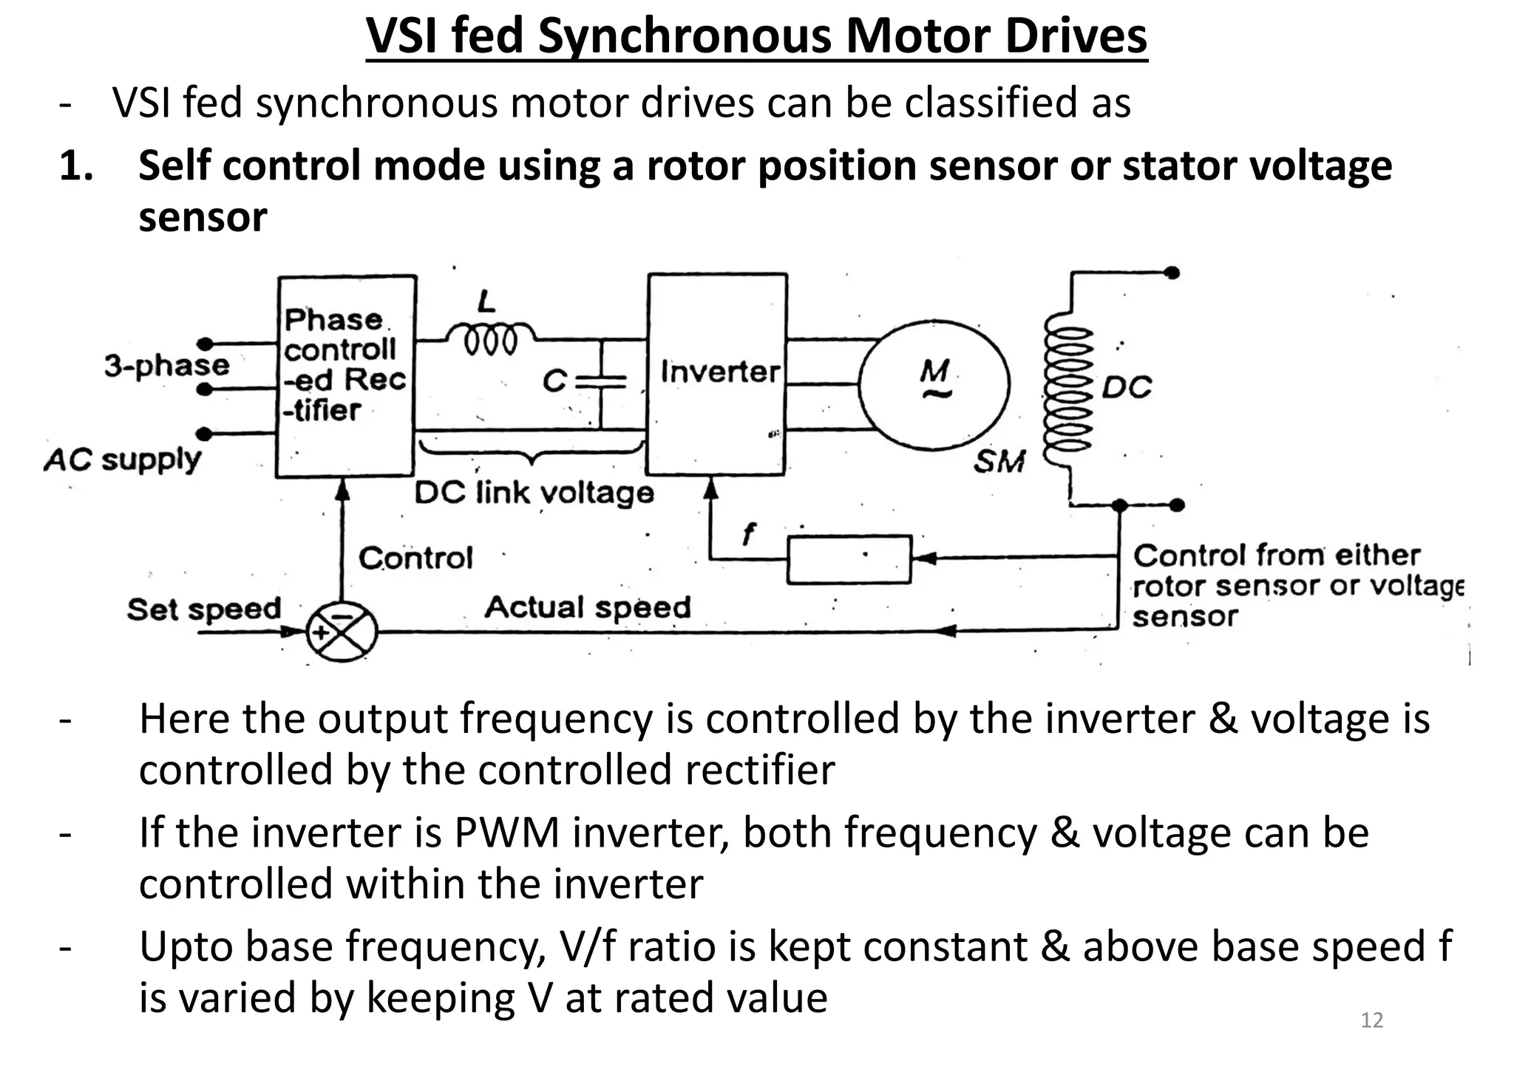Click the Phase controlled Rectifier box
point(345,376)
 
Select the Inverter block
point(717,373)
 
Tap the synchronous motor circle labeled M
point(934,385)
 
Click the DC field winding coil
point(1068,389)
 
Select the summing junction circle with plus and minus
point(342,632)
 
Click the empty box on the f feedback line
point(849,560)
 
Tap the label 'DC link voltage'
point(534,493)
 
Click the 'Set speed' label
point(204,609)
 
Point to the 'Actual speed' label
point(588,607)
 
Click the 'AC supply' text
point(123,460)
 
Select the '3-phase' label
point(167,365)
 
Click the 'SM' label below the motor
point(999,462)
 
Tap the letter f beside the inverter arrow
point(749,533)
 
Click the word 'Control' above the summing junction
point(415,558)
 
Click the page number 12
point(1371,1020)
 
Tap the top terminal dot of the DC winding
point(1172,273)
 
